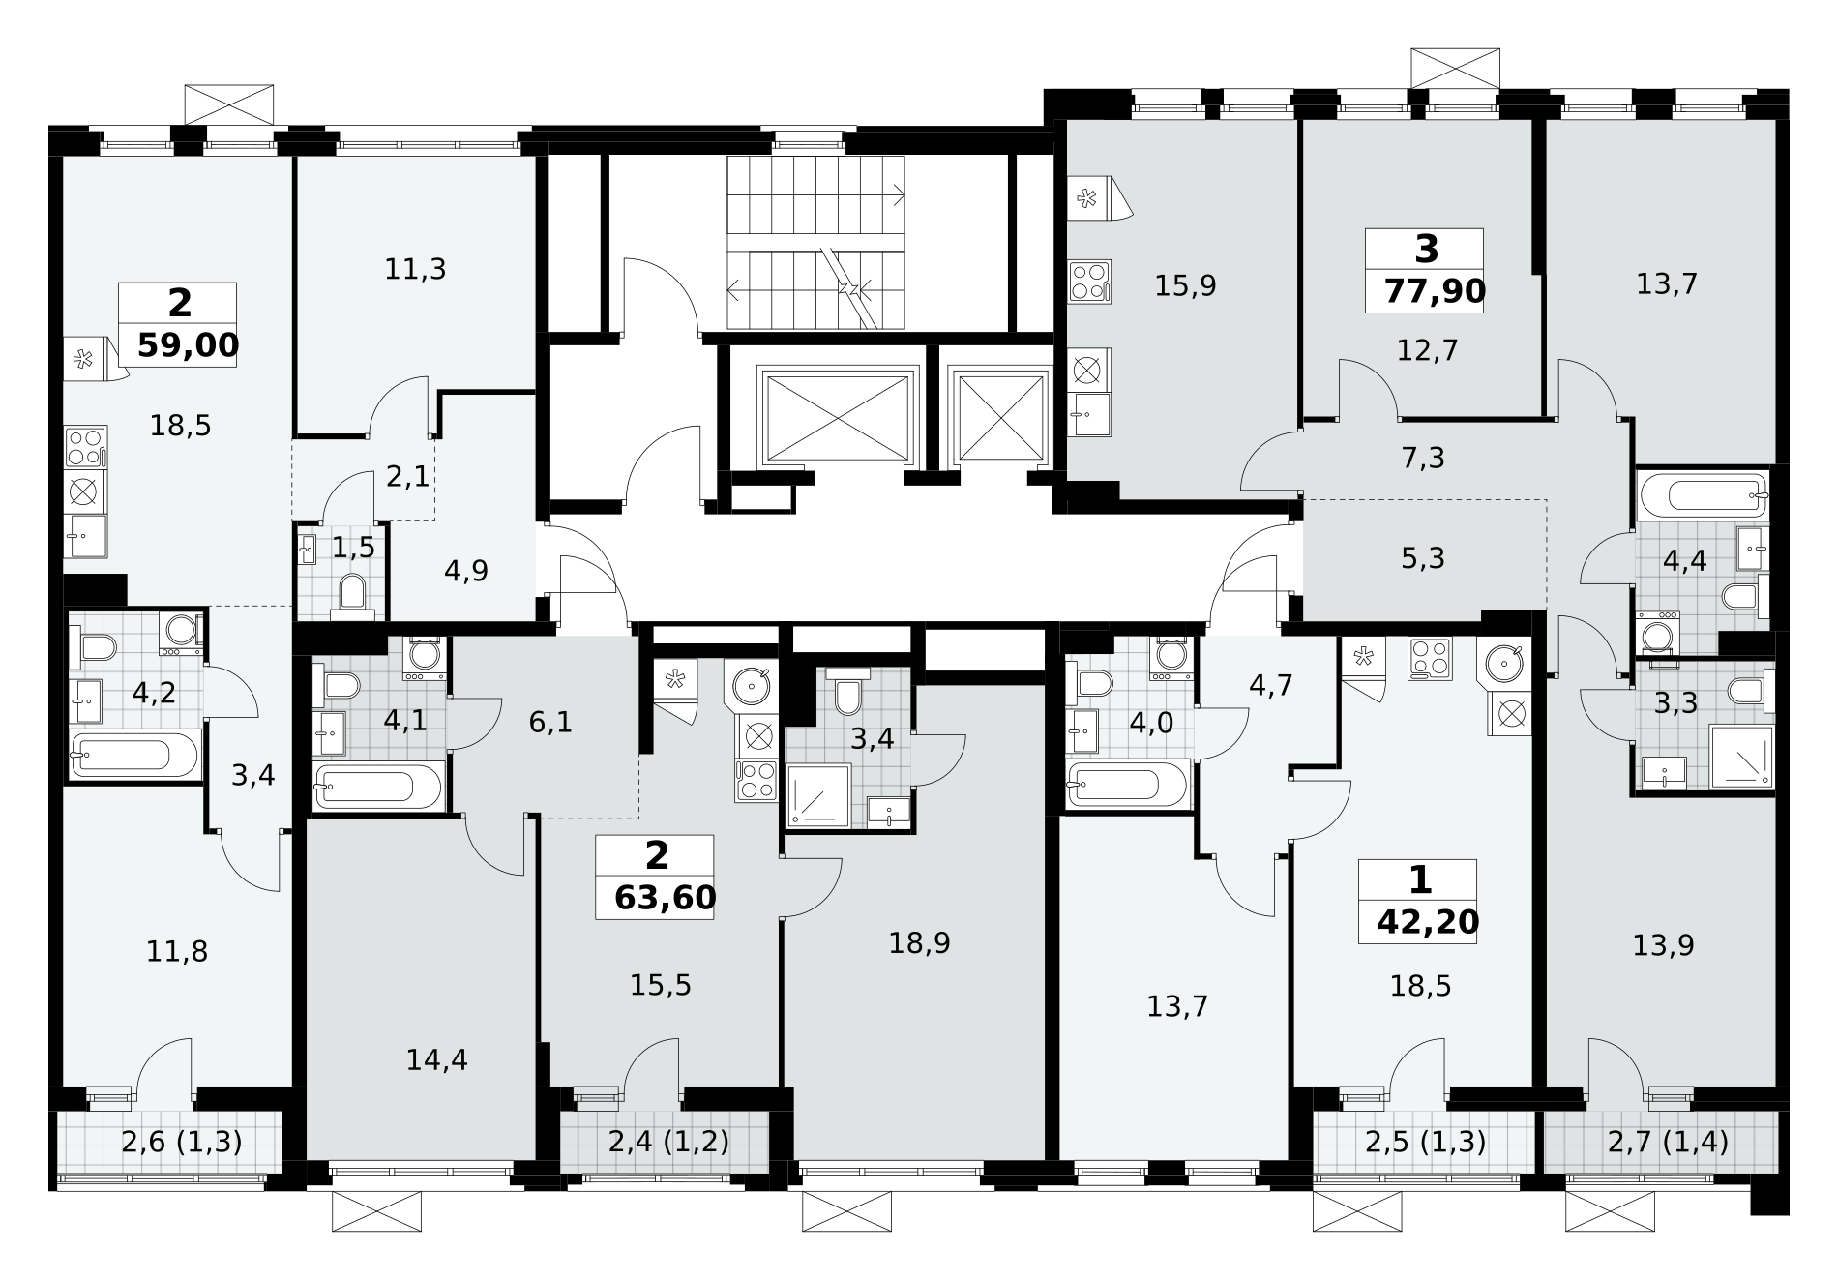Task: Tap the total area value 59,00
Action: (188, 344)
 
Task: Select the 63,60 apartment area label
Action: (666, 898)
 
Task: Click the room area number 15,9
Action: (1186, 285)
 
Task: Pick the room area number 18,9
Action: (919, 942)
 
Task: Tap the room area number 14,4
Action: (437, 1060)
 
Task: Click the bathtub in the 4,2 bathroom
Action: (136, 754)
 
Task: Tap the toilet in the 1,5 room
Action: (352, 596)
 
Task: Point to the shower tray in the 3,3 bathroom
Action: (1741, 755)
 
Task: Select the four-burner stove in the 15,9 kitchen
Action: (1089, 282)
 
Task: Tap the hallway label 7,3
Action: (1423, 458)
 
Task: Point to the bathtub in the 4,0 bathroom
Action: (1127, 782)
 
